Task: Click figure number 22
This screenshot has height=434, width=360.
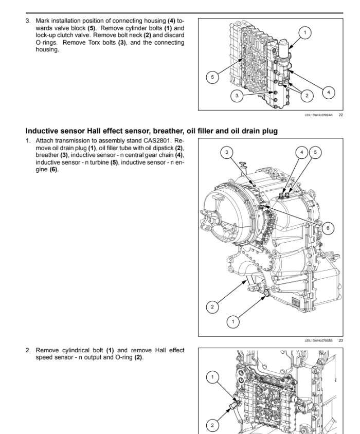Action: point(340,115)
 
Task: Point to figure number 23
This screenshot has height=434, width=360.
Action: point(340,340)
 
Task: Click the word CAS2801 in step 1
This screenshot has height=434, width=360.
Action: point(157,140)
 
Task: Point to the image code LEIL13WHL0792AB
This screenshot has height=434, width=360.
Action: point(318,115)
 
